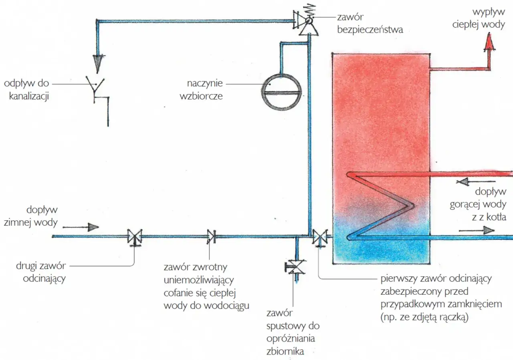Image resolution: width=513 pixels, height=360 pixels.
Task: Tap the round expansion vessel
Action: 281,92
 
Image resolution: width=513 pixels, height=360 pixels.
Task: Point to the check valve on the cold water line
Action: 211,236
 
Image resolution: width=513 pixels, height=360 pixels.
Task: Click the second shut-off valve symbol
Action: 135,237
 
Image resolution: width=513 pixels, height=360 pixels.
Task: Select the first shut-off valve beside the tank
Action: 320,238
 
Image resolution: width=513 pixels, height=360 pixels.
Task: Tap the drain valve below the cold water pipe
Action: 295,267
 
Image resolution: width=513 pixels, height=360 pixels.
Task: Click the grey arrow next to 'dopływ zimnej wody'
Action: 81,227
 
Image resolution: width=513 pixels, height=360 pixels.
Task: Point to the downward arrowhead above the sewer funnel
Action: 98,63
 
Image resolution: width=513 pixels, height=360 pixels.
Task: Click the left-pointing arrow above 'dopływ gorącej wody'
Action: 476,182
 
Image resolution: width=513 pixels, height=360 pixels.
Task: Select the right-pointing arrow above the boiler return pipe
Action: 477,230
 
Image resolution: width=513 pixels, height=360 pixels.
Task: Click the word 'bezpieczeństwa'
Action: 370,30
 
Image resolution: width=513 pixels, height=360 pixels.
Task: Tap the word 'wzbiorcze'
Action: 201,96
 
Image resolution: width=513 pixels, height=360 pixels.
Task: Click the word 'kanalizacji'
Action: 29,96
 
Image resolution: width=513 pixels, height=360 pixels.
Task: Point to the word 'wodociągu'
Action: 226,306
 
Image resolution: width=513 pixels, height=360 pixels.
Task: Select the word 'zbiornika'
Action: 285,351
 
